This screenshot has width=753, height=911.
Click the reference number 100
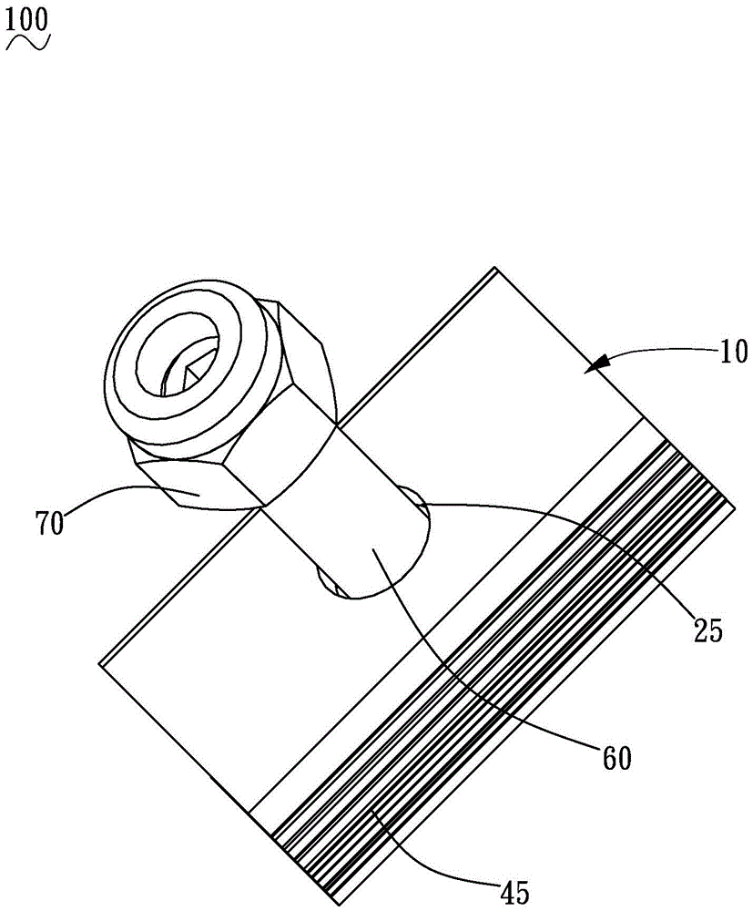(x=27, y=20)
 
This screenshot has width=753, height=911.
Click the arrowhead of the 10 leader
(x=598, y=363)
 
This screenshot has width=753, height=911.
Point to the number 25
(x=708, y=630)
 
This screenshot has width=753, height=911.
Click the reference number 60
(x=616, y=758)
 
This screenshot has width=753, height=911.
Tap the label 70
(x=49, y=524)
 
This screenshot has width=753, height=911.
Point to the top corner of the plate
(x=494, y=267)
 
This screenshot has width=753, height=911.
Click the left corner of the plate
(x=100, y=665)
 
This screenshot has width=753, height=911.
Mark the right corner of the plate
(x=736, y=509)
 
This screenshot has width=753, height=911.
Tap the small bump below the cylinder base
(x=328, y=582)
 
